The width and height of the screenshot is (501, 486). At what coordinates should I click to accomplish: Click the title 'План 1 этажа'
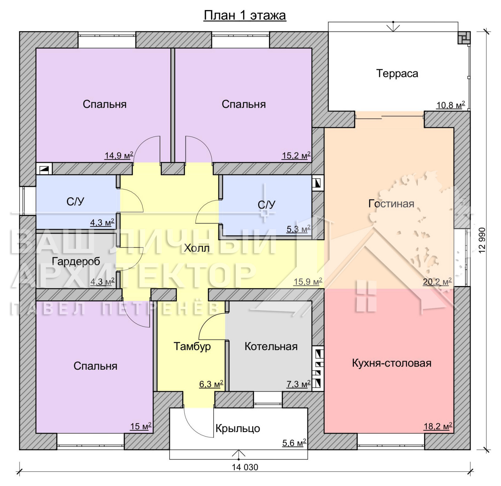click(245, 15)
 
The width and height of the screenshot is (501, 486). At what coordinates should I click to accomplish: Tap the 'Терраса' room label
click(397, 73)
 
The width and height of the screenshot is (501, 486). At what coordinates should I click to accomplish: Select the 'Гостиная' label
click(391, 203)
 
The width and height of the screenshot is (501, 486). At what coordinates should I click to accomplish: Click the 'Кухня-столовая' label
click(391, 363)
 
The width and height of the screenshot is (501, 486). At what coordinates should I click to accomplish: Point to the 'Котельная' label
click(271, 346)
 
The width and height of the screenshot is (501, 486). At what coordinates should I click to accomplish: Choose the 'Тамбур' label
click(192, 346)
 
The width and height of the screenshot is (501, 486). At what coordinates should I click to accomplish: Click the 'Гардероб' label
click(76, 261)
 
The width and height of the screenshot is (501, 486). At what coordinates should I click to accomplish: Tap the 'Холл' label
click(197, 248)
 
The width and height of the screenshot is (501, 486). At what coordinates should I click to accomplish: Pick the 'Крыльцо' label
click(238, 428)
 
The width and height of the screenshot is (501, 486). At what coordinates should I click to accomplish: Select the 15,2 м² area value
click(296, 155)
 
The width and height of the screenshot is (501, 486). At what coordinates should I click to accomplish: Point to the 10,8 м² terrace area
click(451, 105)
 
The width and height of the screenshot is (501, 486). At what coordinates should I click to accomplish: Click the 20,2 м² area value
click(437, 282)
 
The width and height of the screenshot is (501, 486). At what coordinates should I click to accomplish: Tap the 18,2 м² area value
click(438, 426)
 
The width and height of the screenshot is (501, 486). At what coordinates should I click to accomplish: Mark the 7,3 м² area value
click(298, 384)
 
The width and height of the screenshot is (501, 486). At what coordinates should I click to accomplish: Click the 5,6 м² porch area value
click(294, 443)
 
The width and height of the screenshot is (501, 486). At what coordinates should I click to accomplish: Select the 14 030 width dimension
click(245, 467)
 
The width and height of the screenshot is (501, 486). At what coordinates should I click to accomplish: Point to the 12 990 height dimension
click(482, 240)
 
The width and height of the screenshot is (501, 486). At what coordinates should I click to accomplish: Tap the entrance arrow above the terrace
click(393, 27)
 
